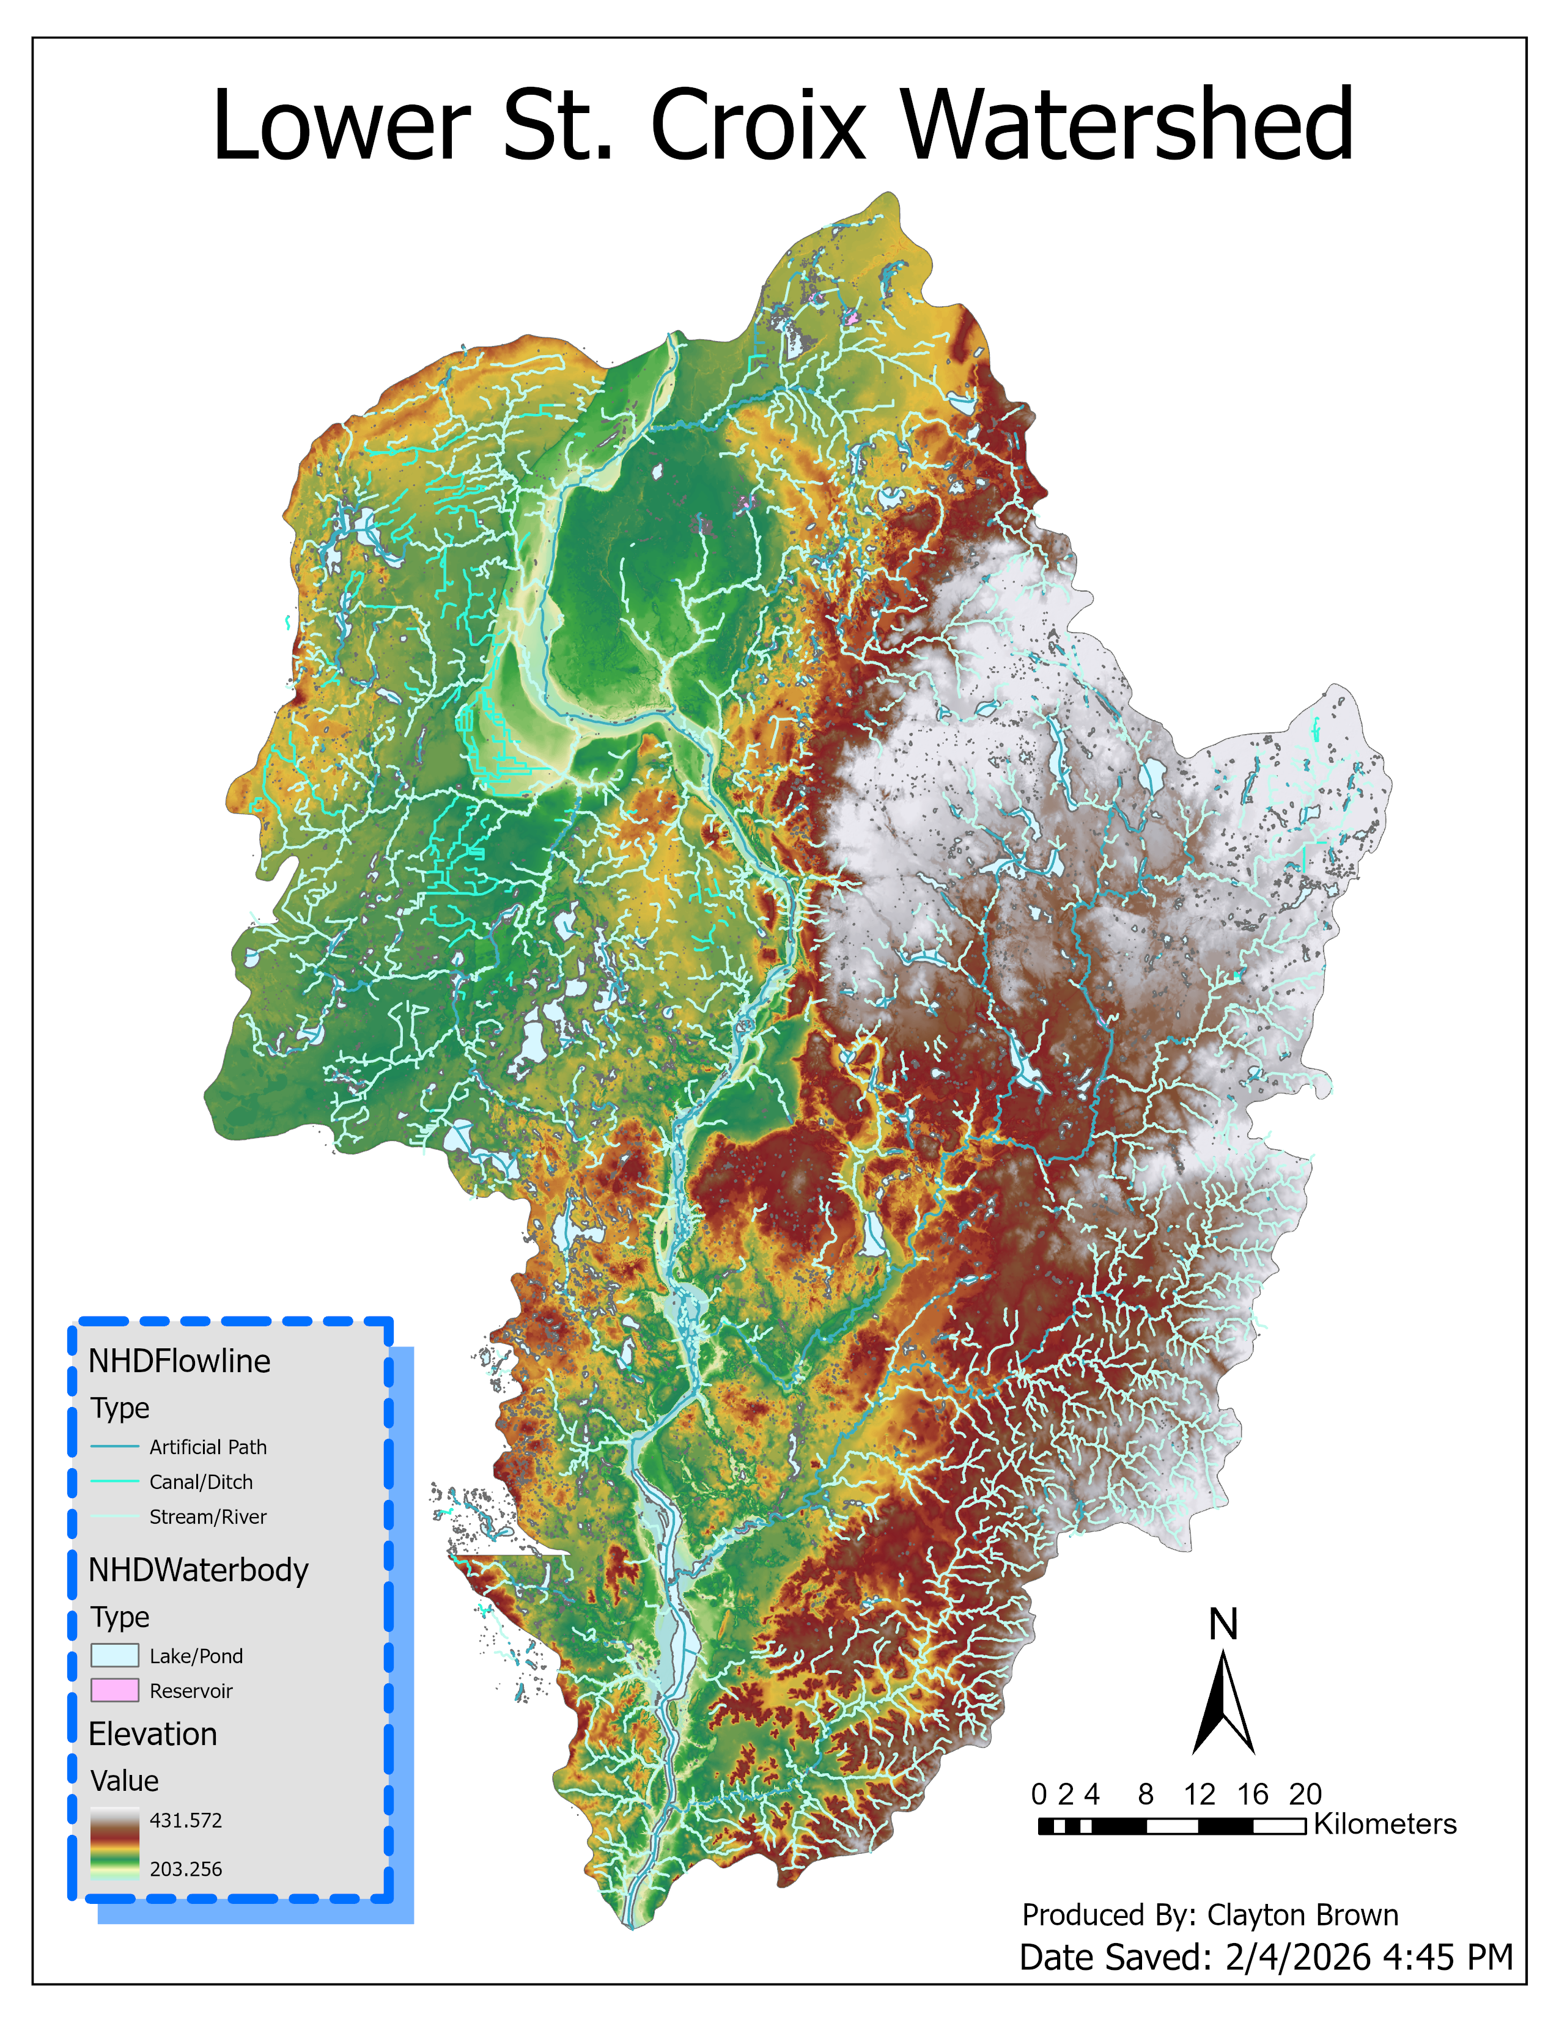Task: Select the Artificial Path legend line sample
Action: point(114,1446)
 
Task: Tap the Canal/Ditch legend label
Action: point(201,1482)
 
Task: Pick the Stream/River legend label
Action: point(208,1516)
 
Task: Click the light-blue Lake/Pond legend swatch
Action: point(114,1655)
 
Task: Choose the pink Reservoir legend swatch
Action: point(114,1690)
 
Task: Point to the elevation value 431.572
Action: point(186,1820)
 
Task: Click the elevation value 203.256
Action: point(186,1868)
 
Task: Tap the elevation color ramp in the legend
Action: point(114,1844)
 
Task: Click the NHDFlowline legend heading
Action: point(179,1361)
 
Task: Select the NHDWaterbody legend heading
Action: point(197,1570)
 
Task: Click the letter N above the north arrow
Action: point(1223,1625)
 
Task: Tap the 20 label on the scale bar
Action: point(1305,1795)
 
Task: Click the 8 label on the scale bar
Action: point(1145,1795)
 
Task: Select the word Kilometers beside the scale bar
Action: point(1384,1824)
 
